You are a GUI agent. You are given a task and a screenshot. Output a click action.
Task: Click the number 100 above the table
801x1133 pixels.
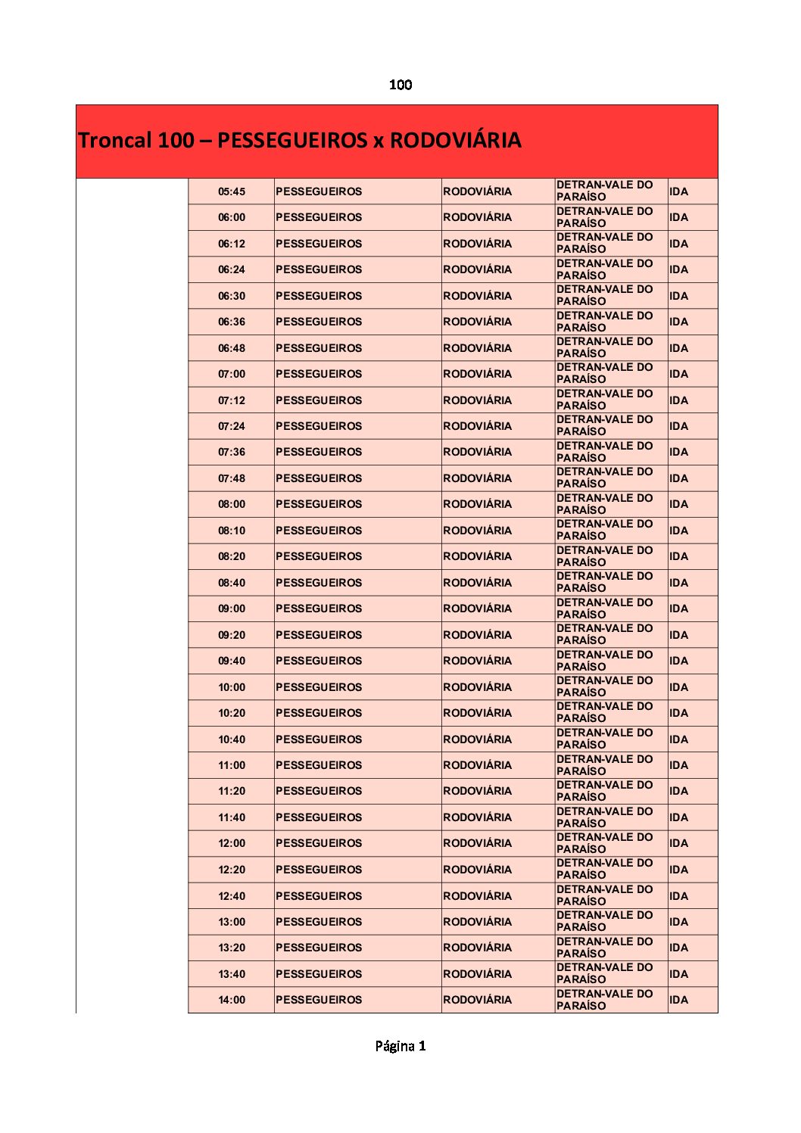[400, 85]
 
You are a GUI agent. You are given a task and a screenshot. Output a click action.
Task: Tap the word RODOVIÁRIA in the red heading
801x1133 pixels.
[455, 141]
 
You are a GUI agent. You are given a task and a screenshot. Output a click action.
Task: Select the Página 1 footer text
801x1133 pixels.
[400, 1046]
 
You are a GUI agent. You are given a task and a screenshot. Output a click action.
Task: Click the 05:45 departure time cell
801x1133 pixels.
[232, 191]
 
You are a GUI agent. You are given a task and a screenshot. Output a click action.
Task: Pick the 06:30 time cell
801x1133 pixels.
[232, 296]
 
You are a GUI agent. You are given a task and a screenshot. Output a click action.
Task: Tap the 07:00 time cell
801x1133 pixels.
[232, 374]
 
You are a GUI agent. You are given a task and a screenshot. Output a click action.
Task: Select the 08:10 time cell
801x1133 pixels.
[232, 531]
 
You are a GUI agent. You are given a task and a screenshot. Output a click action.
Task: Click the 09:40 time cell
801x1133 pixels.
[232, 661]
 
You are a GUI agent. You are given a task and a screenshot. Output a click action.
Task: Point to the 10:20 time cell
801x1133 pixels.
[232, 713]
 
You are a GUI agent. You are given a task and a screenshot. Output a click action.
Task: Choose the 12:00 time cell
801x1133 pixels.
[232, 843]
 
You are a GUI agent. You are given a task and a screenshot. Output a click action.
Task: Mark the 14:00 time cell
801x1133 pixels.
[232, 1000]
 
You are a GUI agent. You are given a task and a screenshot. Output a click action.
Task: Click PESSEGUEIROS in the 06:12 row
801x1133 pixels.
[319, 244]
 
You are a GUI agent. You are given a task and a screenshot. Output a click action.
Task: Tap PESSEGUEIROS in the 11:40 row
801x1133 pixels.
[319, 817]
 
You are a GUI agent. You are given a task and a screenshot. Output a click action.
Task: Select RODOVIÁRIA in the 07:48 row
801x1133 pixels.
[477, 478]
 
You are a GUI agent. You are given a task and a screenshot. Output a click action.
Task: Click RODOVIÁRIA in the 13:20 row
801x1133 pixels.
[477, 948]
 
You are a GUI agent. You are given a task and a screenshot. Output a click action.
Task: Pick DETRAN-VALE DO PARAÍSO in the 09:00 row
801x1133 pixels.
[604, 609]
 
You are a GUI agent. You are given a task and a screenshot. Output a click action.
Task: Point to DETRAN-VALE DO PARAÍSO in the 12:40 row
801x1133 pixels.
[604, 895]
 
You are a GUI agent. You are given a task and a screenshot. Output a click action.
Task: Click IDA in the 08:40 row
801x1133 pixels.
[678, 583]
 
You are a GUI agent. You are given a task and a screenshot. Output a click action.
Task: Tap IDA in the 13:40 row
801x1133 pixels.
[678, 974]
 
